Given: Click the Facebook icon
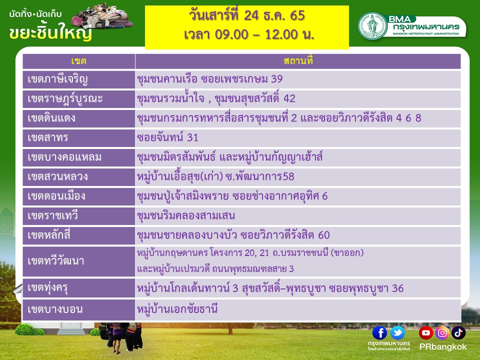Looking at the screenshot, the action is pos(379,333).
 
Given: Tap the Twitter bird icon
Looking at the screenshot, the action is pos(397,333).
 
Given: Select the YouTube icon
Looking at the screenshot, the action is pos(426,333).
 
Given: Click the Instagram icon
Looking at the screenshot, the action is pos(442,333).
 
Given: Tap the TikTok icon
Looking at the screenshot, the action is pos(458,333).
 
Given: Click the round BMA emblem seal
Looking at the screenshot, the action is pos(372,26).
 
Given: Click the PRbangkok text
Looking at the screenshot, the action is pos(442,347).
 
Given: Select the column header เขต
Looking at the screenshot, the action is pos(78,61).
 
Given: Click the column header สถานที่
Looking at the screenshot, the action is pos(298,61).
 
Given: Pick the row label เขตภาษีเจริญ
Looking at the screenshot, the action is pos(57,79).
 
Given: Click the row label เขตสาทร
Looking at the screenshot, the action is pos(48,138).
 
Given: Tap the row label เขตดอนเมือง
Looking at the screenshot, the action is pos(56,196).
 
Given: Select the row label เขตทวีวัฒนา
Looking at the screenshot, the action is pos(55,261).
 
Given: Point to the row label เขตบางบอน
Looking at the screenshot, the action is pos(55,309).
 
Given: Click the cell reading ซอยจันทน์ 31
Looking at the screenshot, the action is pos(167,137).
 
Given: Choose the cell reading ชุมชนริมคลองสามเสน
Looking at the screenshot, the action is pos(186,215).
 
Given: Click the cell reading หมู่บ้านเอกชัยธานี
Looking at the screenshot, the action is pos(177,308).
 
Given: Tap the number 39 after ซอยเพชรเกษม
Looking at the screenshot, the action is pos(276,79).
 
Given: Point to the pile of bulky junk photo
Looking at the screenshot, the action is pos(102,15).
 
